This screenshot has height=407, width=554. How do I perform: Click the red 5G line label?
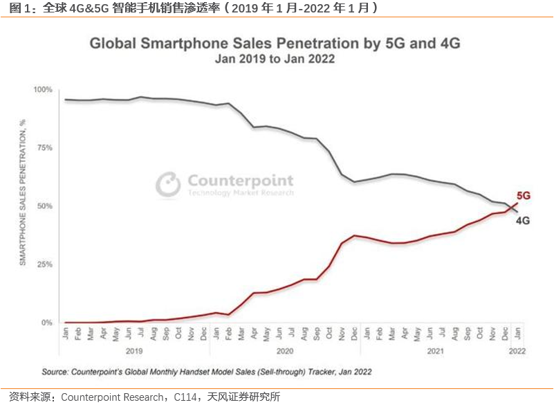coord(523,196)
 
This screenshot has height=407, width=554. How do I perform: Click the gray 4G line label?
coord(523,221)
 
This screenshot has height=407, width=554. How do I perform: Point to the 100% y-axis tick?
coord(43,90)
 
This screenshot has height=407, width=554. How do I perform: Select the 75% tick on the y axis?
coord(45,148)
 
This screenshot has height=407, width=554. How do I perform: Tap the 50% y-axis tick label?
coord(45,206)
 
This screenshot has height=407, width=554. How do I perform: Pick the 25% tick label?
coord(45,264)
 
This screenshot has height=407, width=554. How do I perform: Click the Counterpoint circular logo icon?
coord(168,184)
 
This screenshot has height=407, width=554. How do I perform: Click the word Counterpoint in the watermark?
coord(240,181)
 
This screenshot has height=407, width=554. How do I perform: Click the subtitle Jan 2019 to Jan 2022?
coord(275,60)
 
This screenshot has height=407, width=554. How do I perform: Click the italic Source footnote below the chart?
coord(207,372)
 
